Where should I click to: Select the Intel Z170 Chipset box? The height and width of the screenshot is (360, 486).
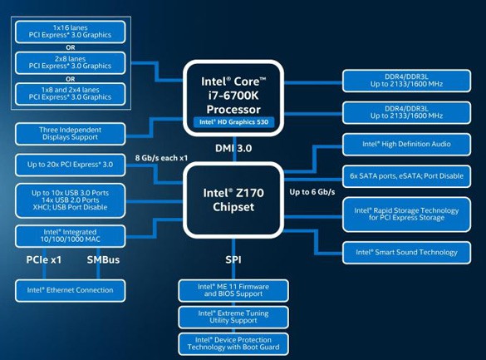click(x=232, y=199)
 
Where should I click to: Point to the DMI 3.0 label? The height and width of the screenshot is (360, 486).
click(x=233, y=148)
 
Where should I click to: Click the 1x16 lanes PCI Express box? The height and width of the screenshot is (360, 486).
click(x=71, y=32)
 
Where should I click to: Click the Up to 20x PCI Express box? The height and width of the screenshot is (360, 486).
click(x=71, y=165)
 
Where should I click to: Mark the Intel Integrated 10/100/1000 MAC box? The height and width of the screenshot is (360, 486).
click(x=71, y=234)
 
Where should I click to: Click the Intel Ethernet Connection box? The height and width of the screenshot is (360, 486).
click(x=71, y=290)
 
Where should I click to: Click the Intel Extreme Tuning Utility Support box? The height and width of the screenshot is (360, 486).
click(x=233, y=317)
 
